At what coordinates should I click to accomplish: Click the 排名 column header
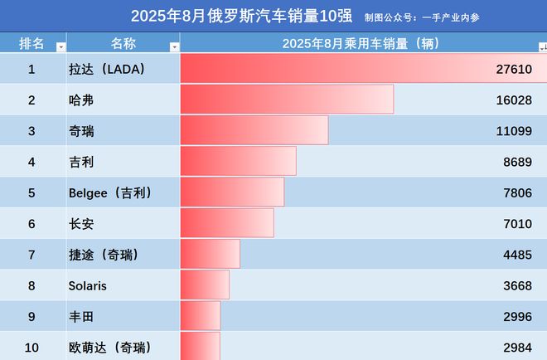(x=31, y=43)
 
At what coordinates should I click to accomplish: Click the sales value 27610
(x=514, y=70)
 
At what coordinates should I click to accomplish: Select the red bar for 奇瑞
(x=254, y=131)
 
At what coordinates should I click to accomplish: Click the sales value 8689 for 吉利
(x=517, y=163)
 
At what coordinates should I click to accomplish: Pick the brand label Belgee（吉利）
(x=110, y=193)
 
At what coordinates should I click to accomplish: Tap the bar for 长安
(x=227, y=224)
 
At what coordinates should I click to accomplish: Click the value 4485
(x=517, y=255)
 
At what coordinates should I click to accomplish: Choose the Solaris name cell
(x=88, y=285)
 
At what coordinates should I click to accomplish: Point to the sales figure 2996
(x=517, y=316)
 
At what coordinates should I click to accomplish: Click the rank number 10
(x=31, y=347)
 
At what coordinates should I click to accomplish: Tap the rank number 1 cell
(x=31, y=70)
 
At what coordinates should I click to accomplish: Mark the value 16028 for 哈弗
(x=514, y=100)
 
